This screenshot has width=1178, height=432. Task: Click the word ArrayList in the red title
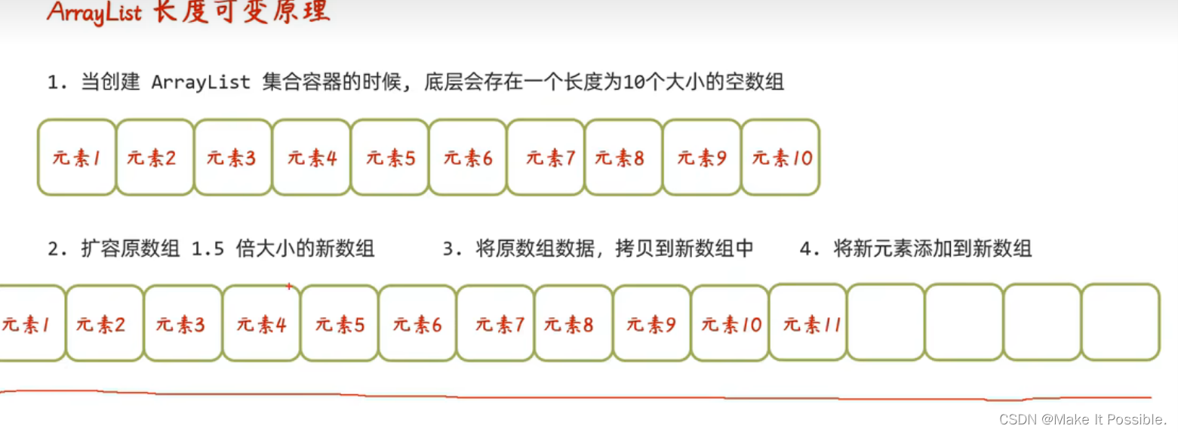94,13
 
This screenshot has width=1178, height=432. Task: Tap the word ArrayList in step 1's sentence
201,82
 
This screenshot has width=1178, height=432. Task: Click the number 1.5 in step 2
208,248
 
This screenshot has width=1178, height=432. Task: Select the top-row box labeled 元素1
77,157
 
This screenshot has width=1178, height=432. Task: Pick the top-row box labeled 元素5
390,157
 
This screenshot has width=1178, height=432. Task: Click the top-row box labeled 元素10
781,157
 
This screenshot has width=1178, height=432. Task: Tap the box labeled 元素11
808,323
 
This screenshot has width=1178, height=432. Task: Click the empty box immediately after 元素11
886,322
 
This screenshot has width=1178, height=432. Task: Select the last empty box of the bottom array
1121,322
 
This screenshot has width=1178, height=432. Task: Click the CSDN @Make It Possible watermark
1083,419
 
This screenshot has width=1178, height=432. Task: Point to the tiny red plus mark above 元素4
288,286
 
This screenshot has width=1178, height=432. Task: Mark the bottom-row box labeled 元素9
652,323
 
